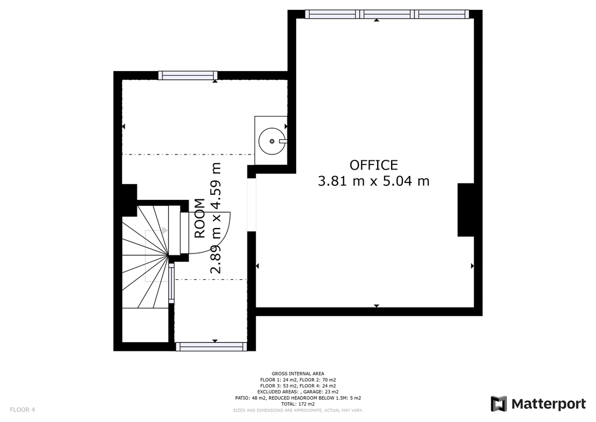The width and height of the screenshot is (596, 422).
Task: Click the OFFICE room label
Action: pyautogui.click(x=374, y=165)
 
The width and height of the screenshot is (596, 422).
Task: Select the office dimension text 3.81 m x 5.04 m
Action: pyautogui.click(x=374, y=181)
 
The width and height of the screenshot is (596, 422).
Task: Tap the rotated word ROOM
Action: pyautogui.click(x=200, y=219)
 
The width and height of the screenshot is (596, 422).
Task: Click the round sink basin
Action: pyautogui.click(x=272, y=141)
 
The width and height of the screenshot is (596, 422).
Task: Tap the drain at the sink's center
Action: pyautogui.click(x=272, y=141)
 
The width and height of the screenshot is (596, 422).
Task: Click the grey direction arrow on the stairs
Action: pyautogui.click(x=165, y=230)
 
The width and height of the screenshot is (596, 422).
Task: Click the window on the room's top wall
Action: pyautogui.click(x=188, y=75)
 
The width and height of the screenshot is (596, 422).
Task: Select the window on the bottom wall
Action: pyautogui.click(x=211, y=346)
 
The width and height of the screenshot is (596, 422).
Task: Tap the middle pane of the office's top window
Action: pyautogui.click(x=387, y=14)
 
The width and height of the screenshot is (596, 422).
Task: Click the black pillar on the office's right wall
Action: pyautogui.click(x=466, y=210)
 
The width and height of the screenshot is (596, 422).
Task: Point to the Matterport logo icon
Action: pyautogui.click(x=499, y=404)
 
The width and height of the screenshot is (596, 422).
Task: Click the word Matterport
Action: pyautogui.click(x=548, y=404)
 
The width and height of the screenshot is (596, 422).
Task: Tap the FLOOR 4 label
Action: pyautogui.click(x=23, y=410)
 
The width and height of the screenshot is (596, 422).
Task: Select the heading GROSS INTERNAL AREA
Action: pyautogui.click(x=298, y=374)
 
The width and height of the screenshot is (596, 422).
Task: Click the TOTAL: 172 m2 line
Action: pyautogui.click(x=298, y=404)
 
